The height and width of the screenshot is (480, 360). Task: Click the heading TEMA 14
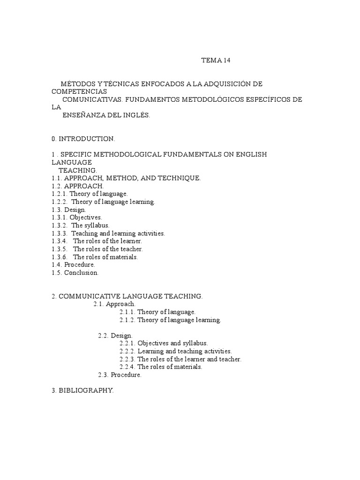[x=216, y=60]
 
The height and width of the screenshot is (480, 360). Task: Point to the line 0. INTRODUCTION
[x=83, y=139]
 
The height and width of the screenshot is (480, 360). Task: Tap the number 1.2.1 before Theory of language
[x=60, y=194]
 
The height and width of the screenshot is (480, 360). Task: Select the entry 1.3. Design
[x=69, y=210]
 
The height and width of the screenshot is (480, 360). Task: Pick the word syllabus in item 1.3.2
[x=97, y=225]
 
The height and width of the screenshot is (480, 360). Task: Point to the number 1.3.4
[x=60, y=241]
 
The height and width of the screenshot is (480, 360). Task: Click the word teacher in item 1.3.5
[x=132, y=249]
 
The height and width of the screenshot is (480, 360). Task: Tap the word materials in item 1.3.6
[x=123, y=257]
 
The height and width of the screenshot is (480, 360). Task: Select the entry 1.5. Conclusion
[x=75, y=273]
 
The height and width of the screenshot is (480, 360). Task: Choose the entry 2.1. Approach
[x=114, y=304]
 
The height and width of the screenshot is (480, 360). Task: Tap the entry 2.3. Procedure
[x=120, y=375]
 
